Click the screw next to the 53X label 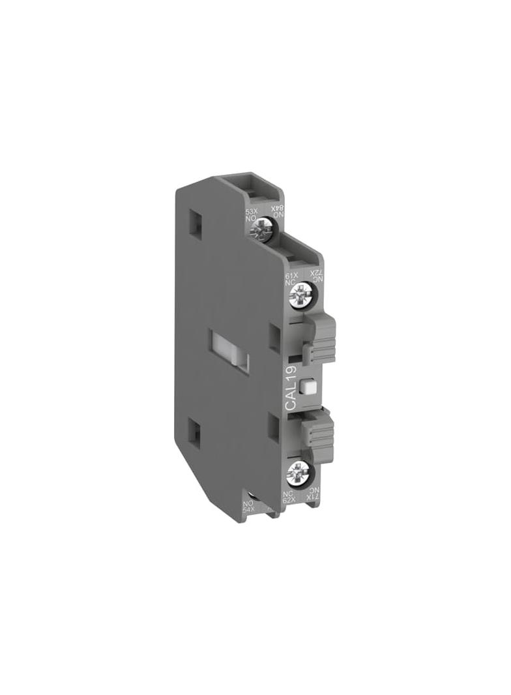tap(267, 228)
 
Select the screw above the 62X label tap(300, 471)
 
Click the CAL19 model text tap(292, 388)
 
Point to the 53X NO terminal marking tap(251, 216)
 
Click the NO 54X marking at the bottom tap(248, 506)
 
